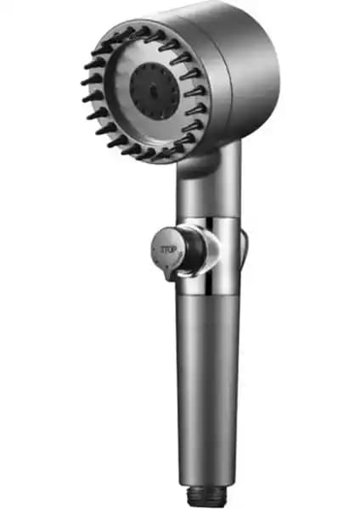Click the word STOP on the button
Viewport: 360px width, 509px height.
[168, 249]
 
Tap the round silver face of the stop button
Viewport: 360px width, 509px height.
[167, 249]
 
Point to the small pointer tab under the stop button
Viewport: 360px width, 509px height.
[169, 273]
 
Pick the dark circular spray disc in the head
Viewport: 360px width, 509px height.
[155, 92]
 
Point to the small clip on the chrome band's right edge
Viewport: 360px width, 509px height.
[244, 249]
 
